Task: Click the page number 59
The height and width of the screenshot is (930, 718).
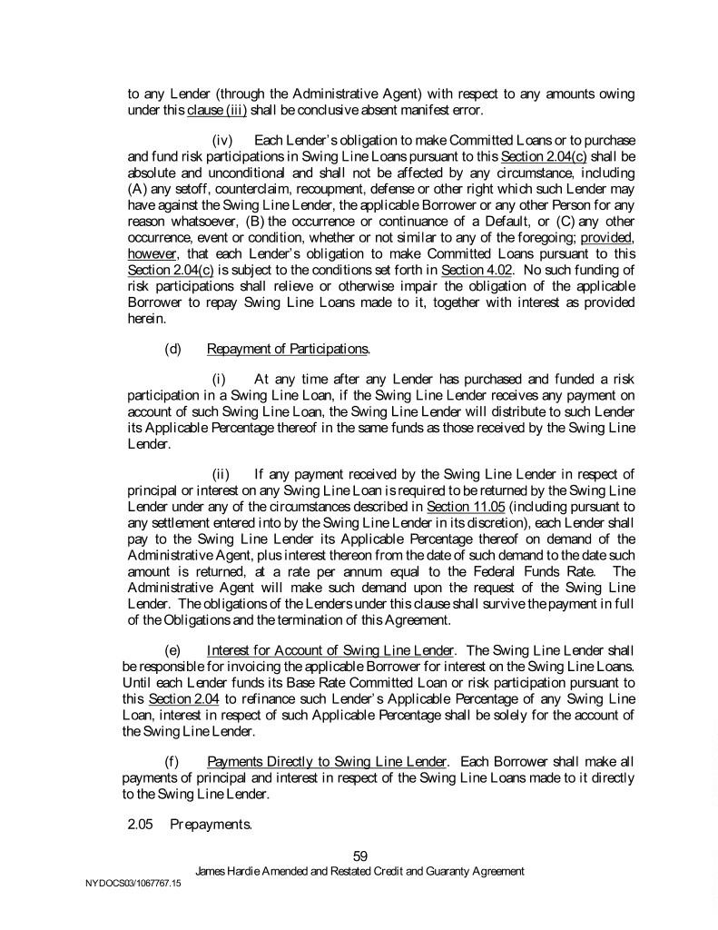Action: click(x=359, y=855)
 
